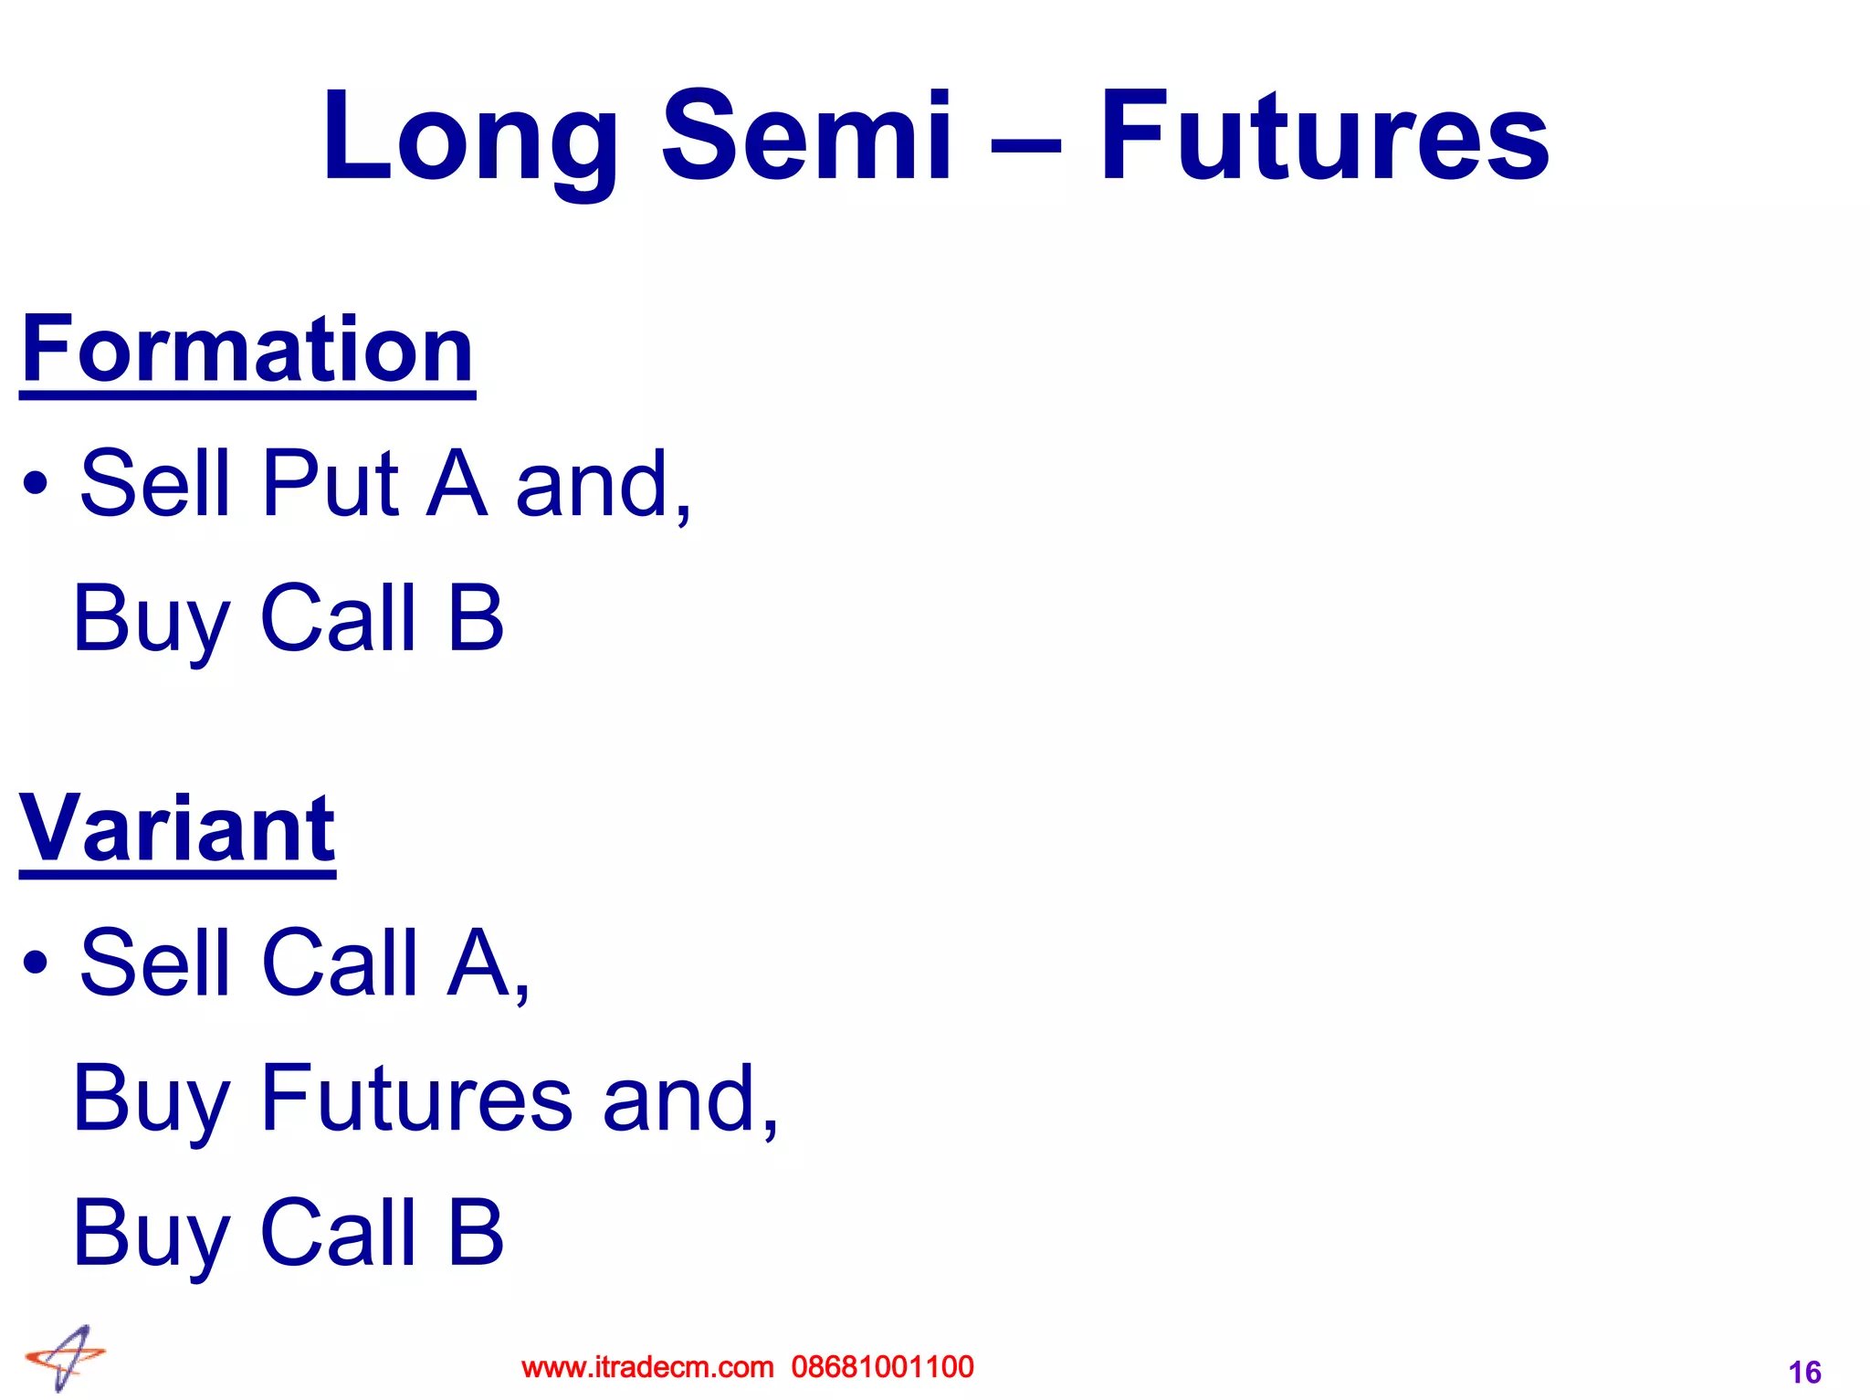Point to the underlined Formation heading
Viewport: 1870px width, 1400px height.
[x=247, y=351]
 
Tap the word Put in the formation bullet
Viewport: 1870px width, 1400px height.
[x=330, y=484]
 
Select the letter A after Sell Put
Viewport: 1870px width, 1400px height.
[x=457, y=484]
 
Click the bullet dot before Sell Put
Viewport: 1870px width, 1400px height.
[x=36, y=483]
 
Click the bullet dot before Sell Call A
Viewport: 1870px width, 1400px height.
[x=36, y=962]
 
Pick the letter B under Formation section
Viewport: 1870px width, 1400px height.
[x=476, y=618]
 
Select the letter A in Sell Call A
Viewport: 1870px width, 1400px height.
[x=478, y=963]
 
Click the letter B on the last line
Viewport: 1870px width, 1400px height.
[x=476, y=1233]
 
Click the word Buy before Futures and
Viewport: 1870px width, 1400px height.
[x=151, y=1100]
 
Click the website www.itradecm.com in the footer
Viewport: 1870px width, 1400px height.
[x=647, y=1367]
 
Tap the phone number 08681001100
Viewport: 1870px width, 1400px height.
[x=882, y=1367]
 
